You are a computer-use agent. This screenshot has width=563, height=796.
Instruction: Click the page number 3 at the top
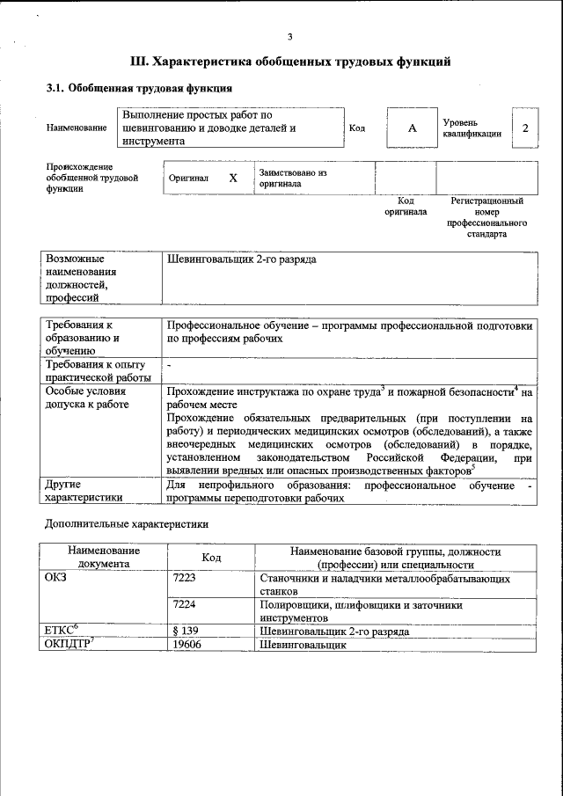289,36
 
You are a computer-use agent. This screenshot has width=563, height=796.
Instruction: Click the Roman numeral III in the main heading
139,62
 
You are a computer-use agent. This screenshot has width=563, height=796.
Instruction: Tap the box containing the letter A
411,128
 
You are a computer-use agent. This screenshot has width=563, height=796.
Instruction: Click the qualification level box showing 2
525,128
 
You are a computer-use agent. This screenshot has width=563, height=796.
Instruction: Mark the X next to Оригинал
232,178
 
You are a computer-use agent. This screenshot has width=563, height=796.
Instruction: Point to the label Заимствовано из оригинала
293,178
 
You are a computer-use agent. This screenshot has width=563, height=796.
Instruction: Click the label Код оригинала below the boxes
406,206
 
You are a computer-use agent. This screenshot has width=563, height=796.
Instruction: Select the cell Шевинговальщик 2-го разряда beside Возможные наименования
242,260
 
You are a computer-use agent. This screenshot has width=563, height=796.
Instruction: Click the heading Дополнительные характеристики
127,524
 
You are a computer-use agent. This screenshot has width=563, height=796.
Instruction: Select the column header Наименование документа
104,557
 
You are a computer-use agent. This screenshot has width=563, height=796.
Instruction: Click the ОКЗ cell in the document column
55,580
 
